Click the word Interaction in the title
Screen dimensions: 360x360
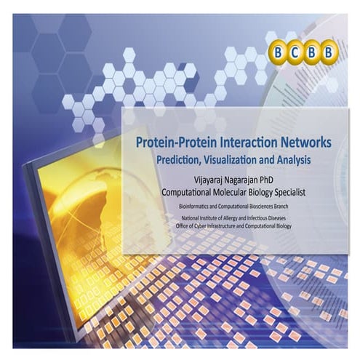244,143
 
